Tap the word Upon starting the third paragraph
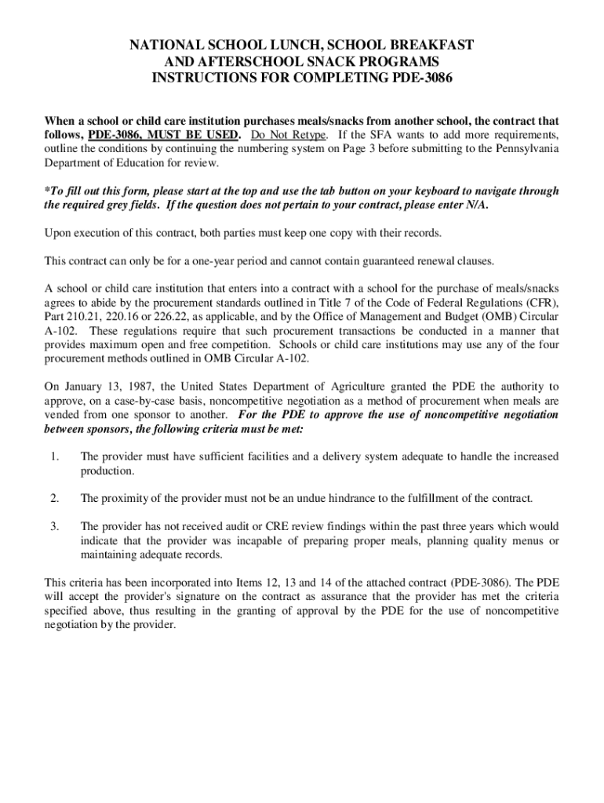(x=59, y=233)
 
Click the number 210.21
(x=89, y=316)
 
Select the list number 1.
(x=53, y=456)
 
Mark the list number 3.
(x=53, y=527)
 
